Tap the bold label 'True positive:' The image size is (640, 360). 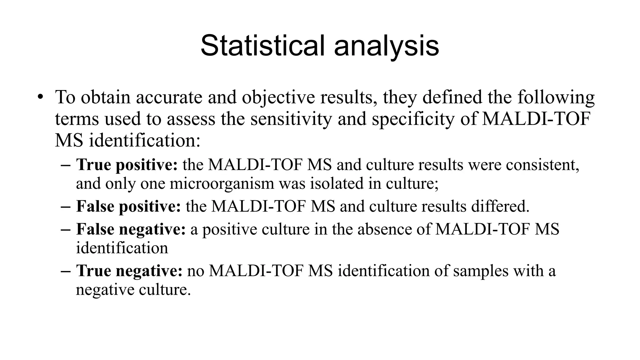[x=127, y=165]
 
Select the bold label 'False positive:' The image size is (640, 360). [x=128, y=207]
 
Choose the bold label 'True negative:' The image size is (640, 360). [x=129, y=271]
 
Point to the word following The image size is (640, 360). [x=556, y=98]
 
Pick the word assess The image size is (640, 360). [x=191, y=119]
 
